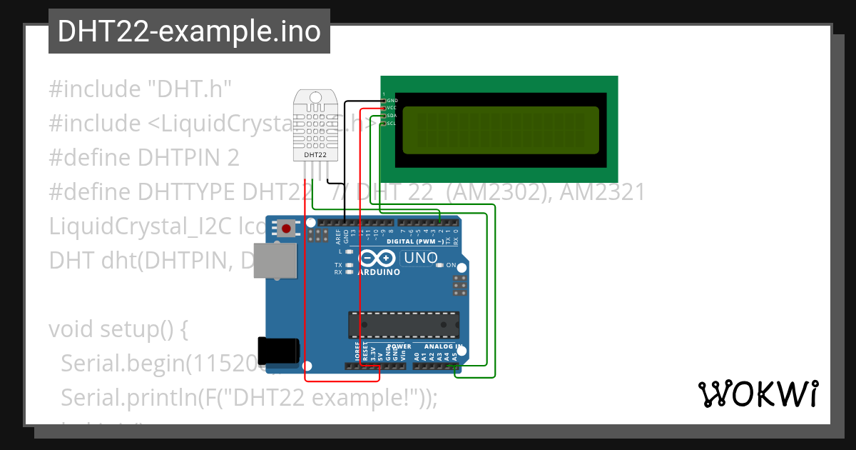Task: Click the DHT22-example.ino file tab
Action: [189, 31]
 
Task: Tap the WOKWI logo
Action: [758, 394]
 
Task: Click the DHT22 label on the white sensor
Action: [315, 154]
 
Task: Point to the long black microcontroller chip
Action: [403, 324]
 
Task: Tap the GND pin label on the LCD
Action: [392, 101]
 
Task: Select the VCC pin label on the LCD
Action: [392, 108]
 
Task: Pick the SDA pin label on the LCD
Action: [392, 116]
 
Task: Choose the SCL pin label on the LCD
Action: [392, 124]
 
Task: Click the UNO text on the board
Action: [420, 258]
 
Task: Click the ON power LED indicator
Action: [451, 265]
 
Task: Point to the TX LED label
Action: [338, 265]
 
